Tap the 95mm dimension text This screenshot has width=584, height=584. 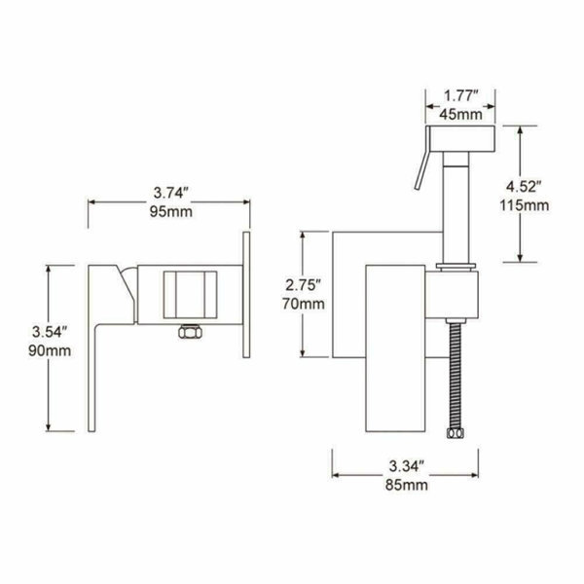[x=171, y=212]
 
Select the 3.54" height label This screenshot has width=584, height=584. [x=50, y=332]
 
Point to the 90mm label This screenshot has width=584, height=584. [x=50, y=350]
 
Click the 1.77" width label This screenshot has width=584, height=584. [x=460, y=96]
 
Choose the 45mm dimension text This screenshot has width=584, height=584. [x=460, y=114]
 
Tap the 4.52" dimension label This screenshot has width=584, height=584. [x=523, y=186]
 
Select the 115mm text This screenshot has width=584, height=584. [x=524, y=205]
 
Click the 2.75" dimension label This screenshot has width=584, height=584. [x=303, y=285]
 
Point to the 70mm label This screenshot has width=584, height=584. [x=303, y=304]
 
